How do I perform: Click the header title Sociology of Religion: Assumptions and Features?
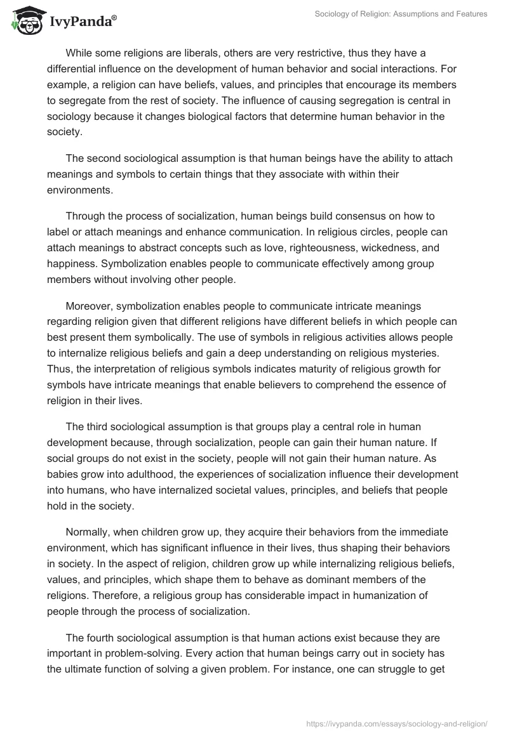tap(401, 15)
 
